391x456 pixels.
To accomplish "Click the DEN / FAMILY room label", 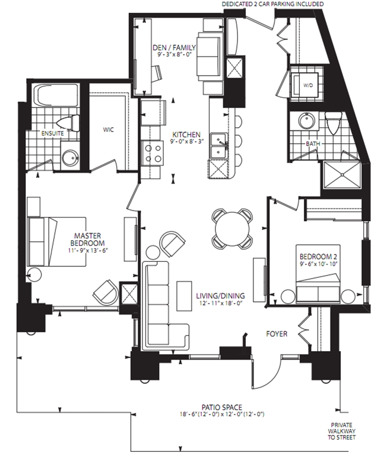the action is tap(174, 48).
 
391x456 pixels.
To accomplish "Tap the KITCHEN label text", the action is tap(186, 135).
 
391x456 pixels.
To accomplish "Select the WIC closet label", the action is tap(109, 130).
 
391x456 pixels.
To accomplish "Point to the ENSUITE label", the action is tap(52, 133).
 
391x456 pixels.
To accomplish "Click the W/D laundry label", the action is tap(308, 86).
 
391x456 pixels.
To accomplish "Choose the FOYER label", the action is tap(276, 333).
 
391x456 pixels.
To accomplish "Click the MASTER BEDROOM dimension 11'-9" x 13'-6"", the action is tap(88, 250).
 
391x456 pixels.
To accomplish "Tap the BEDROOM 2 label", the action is tap(318, 257).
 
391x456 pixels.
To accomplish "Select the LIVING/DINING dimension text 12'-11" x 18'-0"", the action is tap(220, 303).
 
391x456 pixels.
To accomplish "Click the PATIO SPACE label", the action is tap(222, 407).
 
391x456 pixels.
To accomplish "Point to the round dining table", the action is tap(232, 229).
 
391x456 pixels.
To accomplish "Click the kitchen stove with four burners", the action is tap(152, 153).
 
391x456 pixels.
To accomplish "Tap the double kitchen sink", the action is tap(219, 146).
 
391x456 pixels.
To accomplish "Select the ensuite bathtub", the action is tap(56, 96).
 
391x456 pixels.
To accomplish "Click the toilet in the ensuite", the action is tap(68, 123).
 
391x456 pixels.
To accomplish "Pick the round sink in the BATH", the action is tap(307, 121).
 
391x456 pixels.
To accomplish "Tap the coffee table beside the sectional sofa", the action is tap(184, 296).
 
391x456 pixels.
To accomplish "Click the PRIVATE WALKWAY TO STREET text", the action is tap(341, 431).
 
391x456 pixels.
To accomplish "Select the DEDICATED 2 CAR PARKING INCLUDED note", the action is tap(272, 4).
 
